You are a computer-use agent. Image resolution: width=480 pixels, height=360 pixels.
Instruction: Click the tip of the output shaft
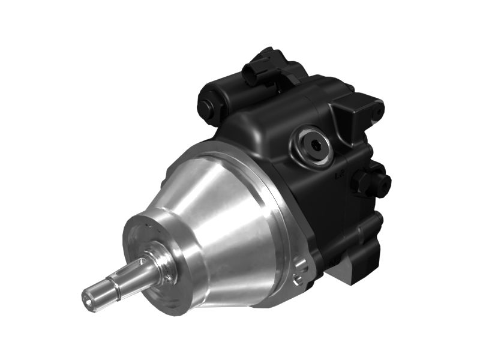pyautogui.click(x=89, y=298)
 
